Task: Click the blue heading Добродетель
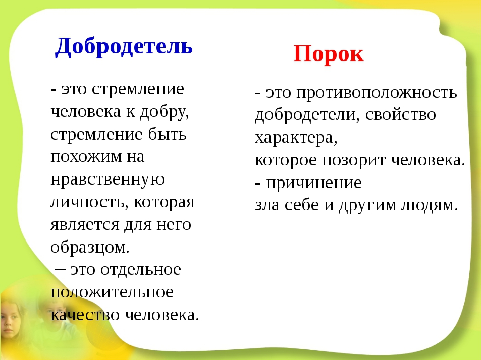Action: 124,46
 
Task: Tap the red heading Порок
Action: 329,54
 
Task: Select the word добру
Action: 165,112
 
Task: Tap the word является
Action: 85,224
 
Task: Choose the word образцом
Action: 90,247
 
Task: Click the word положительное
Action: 112,292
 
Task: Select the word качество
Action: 85,315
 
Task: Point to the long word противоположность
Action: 377,93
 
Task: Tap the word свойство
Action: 401,115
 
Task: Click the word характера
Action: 296,138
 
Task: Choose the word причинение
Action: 314,183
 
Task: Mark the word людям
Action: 430,206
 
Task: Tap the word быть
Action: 168,134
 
